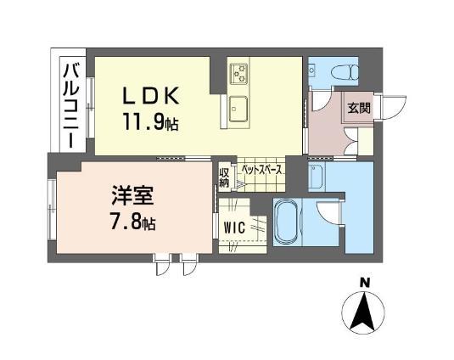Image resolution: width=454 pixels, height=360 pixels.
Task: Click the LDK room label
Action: click(x=150, y=96)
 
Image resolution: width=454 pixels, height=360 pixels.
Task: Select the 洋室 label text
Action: click(x=132, y=195)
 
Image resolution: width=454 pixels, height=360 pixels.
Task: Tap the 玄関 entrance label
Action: click(x=359, y=108)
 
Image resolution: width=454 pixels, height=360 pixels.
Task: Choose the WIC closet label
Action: click(x=234, y=228)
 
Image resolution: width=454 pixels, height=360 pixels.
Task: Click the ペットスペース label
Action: click(x=261, y=170)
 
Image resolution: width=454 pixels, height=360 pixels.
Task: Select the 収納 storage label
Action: click(x=224, y=177)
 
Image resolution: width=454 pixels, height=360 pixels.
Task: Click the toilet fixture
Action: click(x=345, y=72)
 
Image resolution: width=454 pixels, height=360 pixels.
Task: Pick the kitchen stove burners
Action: click(x=238, y=73)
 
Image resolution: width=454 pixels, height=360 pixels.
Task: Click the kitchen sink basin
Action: click(x=238, y=110)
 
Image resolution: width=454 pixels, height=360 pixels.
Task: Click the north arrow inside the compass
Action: click(x=364, y=312)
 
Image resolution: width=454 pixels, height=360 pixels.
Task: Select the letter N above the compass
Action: click(x=365, y=282)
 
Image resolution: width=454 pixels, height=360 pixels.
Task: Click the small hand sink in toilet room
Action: click(x=311, y=70)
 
